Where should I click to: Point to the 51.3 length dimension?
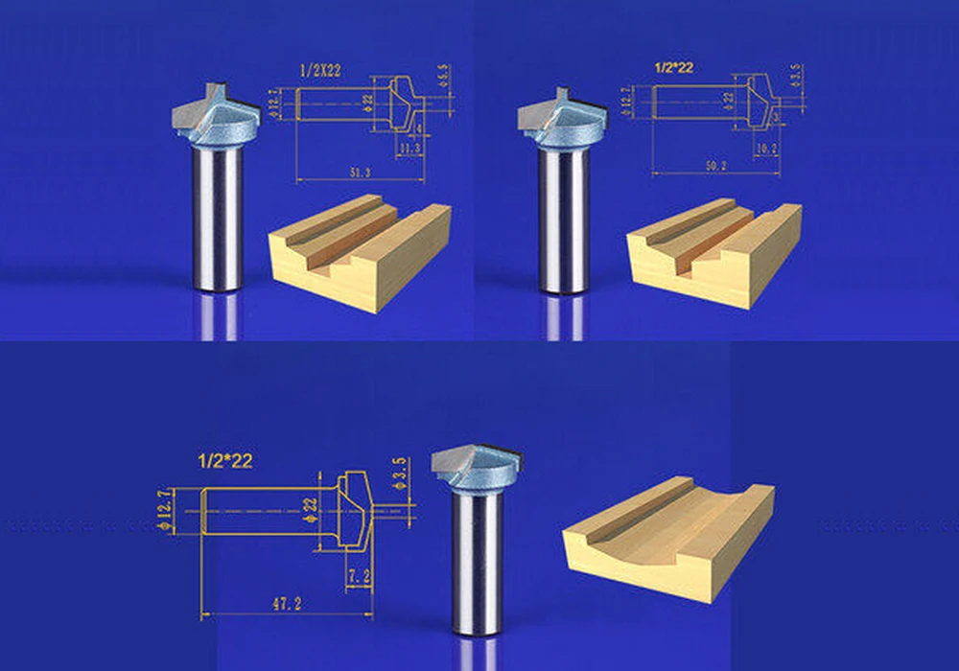point(362,171)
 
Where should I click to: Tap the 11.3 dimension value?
point(409,149)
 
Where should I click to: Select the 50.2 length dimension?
point(713,166)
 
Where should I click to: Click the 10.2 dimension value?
point(766,149)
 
